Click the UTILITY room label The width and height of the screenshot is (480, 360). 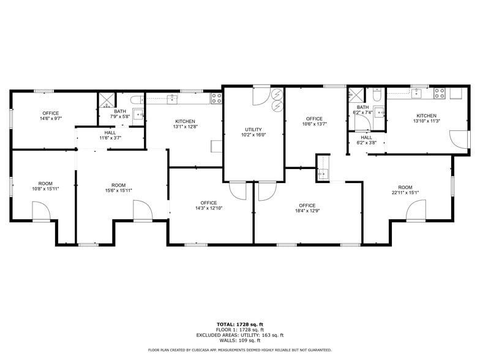point(253,129)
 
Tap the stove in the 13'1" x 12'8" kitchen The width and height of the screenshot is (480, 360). point(216,97)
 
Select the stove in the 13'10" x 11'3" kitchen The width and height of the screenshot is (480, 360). point(439,93)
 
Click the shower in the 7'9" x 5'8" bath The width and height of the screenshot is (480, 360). point(106,100)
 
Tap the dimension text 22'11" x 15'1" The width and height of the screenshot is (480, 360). point(405,193)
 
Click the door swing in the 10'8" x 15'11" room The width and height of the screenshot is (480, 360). point(41,213)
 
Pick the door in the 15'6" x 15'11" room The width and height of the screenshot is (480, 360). point(142,212)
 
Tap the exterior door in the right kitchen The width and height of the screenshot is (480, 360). point(459,140)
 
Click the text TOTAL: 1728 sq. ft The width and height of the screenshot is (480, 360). point(240,324)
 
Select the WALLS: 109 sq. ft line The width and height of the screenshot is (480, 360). point(240,340)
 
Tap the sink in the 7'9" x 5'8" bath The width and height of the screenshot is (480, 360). point(138,114)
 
